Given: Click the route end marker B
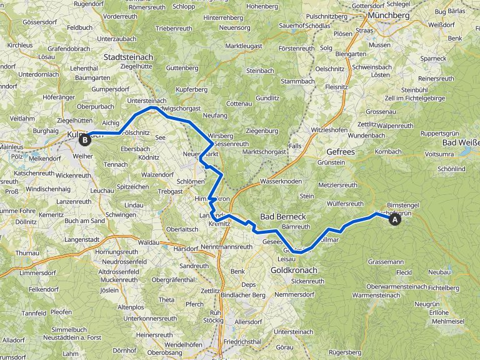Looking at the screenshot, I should tap(85, 139).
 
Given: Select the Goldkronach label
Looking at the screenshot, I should tap(294, 270).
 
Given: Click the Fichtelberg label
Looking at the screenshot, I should tap(444, 287).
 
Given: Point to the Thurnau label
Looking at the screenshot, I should tap(27, 253).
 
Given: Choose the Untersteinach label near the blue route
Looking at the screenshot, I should tap(146, 101).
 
